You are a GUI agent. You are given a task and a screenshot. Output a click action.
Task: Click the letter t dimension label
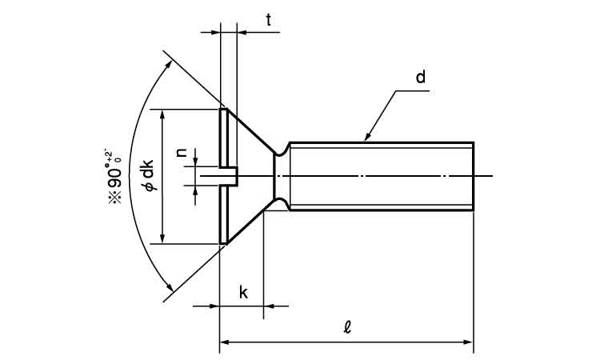(x=268, y=20)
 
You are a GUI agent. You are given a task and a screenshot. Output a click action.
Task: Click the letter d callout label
(x=420, y=78)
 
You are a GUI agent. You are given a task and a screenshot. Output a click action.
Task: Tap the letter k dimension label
(x=243, y=292)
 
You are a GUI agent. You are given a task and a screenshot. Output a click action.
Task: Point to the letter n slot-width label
(x=182, y=153)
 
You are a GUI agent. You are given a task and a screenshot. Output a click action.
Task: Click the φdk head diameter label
(x=148, y=176)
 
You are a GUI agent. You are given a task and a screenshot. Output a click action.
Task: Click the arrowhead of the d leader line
(x=367, y=138)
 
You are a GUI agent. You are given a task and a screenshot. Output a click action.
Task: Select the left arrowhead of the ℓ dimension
(x=225, y=342)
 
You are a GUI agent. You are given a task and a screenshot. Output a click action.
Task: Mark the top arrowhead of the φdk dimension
(x=162, y=114)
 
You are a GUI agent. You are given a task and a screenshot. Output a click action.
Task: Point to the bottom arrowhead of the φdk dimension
(x=162, y=238)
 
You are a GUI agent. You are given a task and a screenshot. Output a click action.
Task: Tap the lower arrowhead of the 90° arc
(x=170, y=289)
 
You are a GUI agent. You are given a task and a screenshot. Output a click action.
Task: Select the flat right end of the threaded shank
(x=474, y=176)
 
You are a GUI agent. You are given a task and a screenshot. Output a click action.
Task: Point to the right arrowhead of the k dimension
(x=269, y=306)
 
